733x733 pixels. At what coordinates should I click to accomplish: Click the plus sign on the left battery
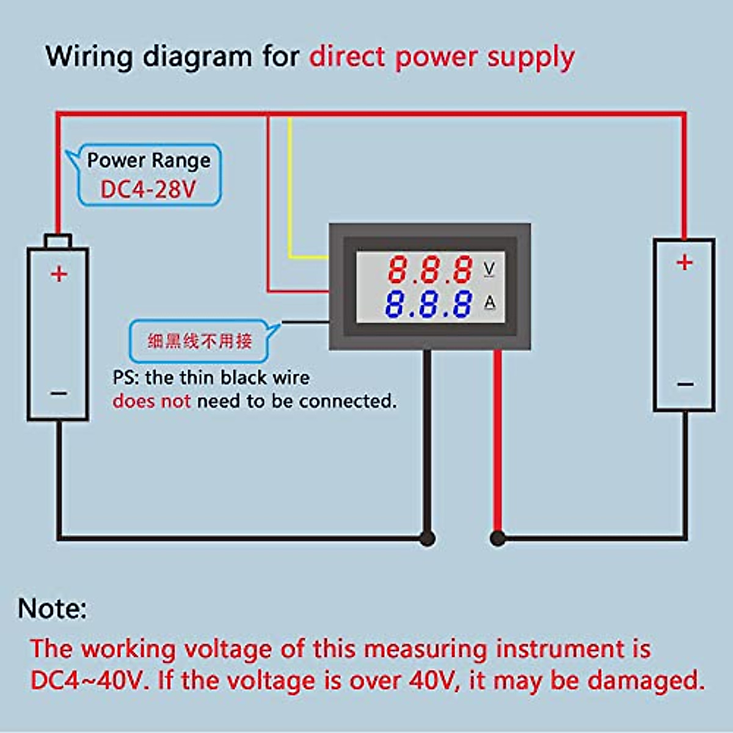[x=59, y=274]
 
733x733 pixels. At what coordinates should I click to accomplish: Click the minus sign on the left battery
[x=59, y=393]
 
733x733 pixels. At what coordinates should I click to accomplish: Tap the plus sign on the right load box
[x=685, y=262]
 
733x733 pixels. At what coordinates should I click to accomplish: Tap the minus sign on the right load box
[x=685, y=384]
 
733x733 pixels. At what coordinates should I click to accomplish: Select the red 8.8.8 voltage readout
[x=431, y=269]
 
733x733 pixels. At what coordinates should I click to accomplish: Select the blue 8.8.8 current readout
[x=429, y=304]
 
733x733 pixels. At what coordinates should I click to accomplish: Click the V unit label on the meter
[x=489, y=269]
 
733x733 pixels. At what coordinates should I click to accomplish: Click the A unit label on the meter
[x=489, y=302]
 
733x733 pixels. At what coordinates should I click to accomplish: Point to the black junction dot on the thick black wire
[x=428, y=538]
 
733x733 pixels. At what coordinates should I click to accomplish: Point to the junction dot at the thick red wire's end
[x=498, y=538]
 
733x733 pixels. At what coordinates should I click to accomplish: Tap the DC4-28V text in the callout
[x=148, y=189]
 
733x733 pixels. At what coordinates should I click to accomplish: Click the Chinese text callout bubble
[x=200, y=341]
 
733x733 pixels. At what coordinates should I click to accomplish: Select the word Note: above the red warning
[x=53, y=608]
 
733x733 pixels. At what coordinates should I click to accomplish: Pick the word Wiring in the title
[x=89, y=57]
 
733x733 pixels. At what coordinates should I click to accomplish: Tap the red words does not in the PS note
[x=151, y=401]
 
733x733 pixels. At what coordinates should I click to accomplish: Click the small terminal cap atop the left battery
[x=58, y=241]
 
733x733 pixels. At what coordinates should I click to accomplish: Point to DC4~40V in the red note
[x=89, y=680]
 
